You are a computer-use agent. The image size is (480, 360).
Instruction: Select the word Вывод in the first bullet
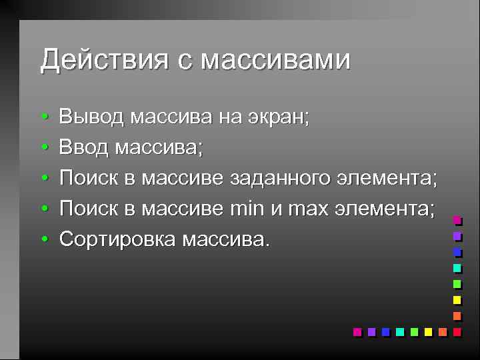91,118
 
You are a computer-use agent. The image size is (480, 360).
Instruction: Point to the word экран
275,118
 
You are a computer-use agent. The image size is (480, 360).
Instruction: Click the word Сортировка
117,238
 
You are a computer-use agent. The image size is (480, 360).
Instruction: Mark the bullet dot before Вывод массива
43,119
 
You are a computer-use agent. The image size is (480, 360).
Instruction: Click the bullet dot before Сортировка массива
43,239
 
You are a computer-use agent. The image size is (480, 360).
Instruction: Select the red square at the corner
457,331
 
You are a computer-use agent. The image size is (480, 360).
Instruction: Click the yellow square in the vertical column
457,299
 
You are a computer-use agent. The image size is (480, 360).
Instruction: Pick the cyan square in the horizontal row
399,331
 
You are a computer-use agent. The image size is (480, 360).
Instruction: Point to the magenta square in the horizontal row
357,331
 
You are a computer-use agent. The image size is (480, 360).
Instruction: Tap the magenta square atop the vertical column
457,220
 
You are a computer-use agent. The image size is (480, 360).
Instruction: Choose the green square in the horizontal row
413,331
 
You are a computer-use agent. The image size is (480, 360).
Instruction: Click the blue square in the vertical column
457,252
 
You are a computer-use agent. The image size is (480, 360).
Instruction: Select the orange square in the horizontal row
442,331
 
